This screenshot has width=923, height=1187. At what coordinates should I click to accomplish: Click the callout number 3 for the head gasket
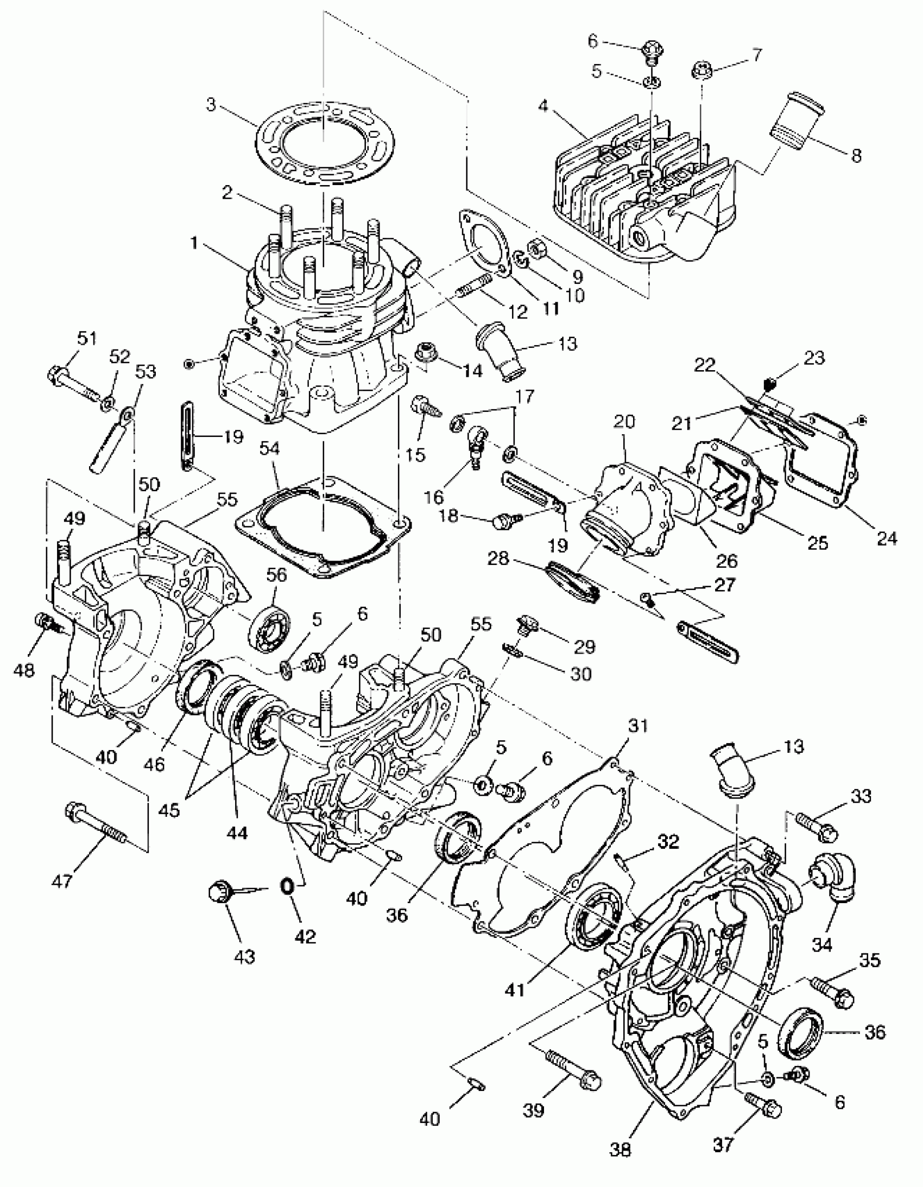(211, 104)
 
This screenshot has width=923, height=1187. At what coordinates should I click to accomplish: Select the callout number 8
(856, 156)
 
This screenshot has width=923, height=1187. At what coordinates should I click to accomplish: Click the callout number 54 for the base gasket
(270, 448)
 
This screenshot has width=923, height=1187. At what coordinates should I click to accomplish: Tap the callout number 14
(472, 371)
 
